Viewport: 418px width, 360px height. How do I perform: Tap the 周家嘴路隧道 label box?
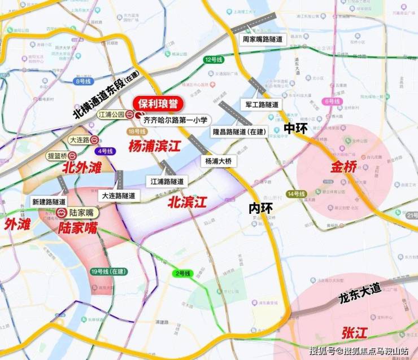(265, 39)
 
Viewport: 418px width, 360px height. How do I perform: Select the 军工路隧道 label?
(262, 105)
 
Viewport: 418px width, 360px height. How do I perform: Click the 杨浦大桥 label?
(218, 161)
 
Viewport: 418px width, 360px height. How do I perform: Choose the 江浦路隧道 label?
(167, 181)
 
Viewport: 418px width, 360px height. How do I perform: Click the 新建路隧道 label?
(49, 201)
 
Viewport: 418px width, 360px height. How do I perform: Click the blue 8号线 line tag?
(83, 81)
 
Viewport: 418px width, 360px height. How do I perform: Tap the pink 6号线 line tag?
(332, 102)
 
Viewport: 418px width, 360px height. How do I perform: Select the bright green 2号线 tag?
(182, 274)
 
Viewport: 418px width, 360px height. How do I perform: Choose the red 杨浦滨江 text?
(154, 147)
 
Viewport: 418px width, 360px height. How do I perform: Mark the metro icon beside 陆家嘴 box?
(61, 213)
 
